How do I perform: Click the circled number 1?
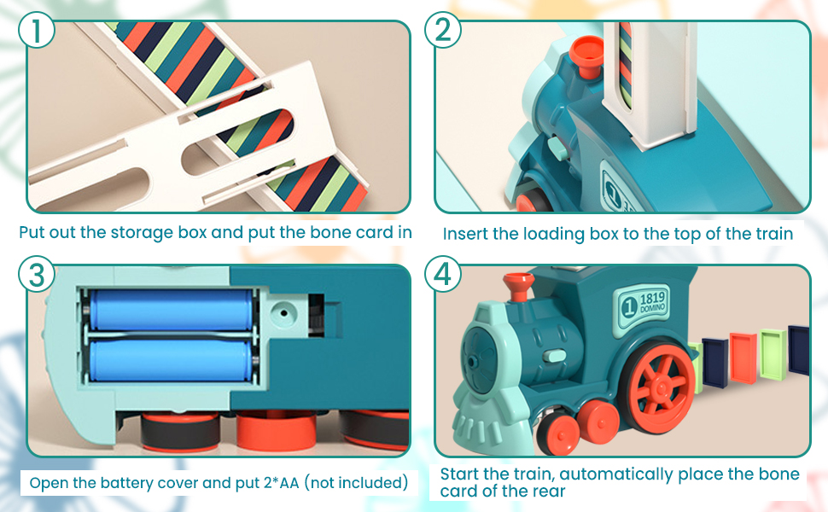click(x=36, y=31)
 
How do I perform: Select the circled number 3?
click(x=36, y=275)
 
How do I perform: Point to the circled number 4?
click(x=442, y=275)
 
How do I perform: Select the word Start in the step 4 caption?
click(x=461, y=474)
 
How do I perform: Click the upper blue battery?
click(x=172, y=310)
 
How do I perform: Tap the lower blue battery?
click(x=172, y=362)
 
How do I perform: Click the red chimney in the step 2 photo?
click(x=584, y=56)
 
